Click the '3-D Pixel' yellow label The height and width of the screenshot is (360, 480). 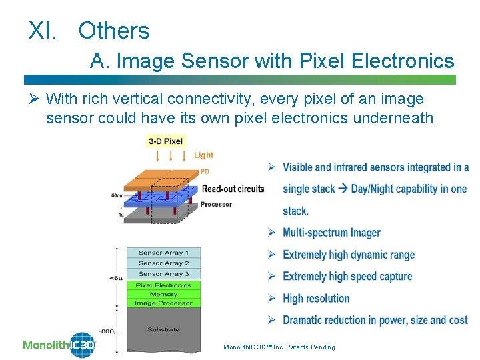[x=166, y=141]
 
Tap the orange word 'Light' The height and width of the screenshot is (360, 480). [x=203, y=155]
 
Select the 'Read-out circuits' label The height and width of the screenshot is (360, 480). [x=233, y=189]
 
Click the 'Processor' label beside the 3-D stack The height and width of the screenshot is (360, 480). [x=216, y=204]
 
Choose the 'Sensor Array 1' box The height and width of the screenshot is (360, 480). [x=163, y=253]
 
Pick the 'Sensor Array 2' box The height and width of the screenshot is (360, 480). [x=163, y=263]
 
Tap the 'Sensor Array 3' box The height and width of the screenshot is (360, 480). [x=163, y=274]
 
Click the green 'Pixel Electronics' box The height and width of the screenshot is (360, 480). [x=163, y=285]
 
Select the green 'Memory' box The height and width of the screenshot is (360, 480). [x=163, y=294]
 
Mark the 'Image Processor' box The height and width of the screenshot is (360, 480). [x=163, y=303]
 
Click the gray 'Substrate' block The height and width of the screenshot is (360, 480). [x=163, y=329]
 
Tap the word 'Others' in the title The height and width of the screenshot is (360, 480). [x=114, y=31]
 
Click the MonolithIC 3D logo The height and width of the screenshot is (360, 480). [x=60, y=345]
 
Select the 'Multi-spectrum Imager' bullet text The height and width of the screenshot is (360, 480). [x=331, y=233]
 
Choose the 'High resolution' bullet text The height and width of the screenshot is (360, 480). [x=316, y=298]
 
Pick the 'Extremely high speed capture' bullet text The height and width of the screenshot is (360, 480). [x=347, y=276]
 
